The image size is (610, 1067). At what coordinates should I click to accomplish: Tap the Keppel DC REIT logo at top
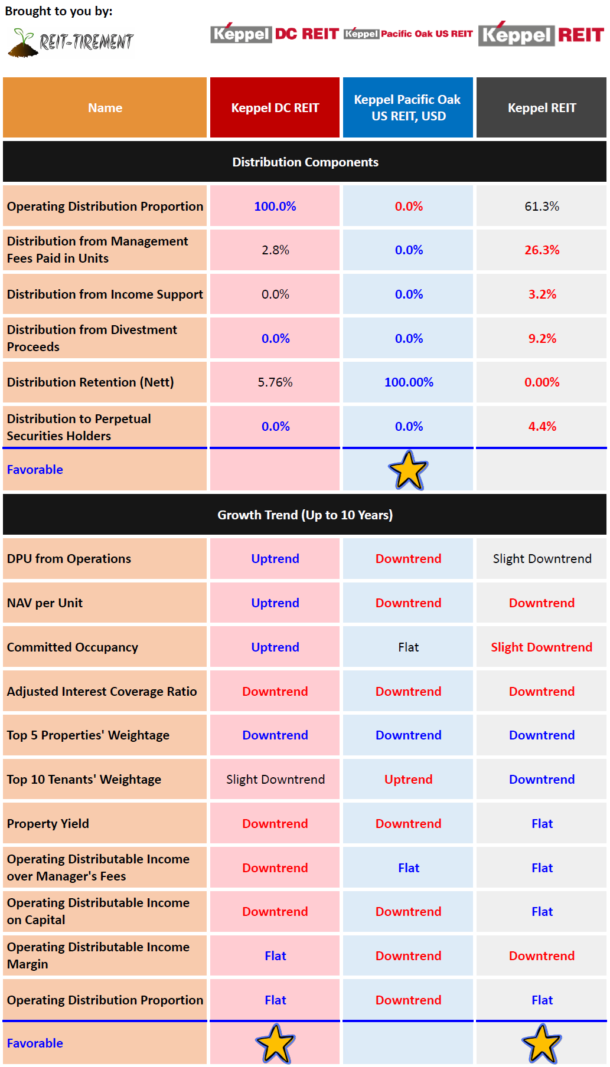click(275, 34)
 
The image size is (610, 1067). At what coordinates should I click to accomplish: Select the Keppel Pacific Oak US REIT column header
click(408, 107)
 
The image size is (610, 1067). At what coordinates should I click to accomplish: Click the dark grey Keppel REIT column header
click(542, 107)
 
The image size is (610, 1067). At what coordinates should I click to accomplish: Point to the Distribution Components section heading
click(305, 162)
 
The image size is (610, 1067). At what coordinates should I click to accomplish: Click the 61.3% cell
click(542, 206)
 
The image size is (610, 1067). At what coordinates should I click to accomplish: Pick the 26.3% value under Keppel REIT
click(542, 250)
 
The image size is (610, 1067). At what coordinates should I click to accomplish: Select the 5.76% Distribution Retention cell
click(275, 382)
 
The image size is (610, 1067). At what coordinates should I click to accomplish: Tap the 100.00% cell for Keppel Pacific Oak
click(409, 382)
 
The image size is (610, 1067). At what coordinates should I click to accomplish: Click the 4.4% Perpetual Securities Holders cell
click(542, 426)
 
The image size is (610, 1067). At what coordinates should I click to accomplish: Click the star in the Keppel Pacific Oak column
click(408, 470)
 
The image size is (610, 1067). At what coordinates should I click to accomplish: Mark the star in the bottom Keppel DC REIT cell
click(275, 1043)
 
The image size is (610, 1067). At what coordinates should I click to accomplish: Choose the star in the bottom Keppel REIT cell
click(542, 1043)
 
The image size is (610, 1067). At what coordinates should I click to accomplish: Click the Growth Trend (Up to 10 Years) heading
click(305, 515)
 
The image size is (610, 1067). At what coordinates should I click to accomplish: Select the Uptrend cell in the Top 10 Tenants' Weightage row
click(408, 779)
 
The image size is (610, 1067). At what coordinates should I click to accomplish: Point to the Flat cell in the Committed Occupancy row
click(408, 647)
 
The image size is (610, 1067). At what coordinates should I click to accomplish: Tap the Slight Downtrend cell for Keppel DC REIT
click(275, 779)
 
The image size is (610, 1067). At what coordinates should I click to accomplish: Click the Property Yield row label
click(48, 823)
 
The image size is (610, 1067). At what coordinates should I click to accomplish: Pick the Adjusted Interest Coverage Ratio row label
click(102, 691)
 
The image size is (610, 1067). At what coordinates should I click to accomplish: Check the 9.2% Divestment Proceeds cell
click(542, 338)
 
